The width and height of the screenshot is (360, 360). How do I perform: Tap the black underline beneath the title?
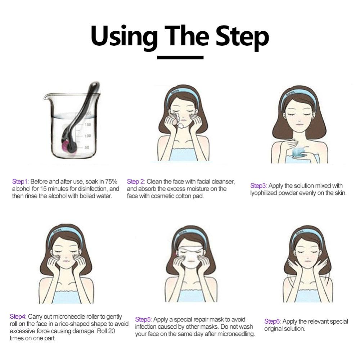180,57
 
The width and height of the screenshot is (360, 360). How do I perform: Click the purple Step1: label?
21,181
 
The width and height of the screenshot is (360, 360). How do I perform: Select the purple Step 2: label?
136,181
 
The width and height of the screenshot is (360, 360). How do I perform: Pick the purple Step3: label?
258,186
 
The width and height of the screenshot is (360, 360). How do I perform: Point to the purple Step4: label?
18,316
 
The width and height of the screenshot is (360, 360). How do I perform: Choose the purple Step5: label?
144,320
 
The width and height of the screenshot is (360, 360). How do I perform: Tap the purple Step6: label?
273,321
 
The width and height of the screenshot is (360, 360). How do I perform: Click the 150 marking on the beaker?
88,125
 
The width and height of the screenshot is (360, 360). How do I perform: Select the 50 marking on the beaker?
87,147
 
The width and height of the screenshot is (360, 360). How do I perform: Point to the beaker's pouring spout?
46,96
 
